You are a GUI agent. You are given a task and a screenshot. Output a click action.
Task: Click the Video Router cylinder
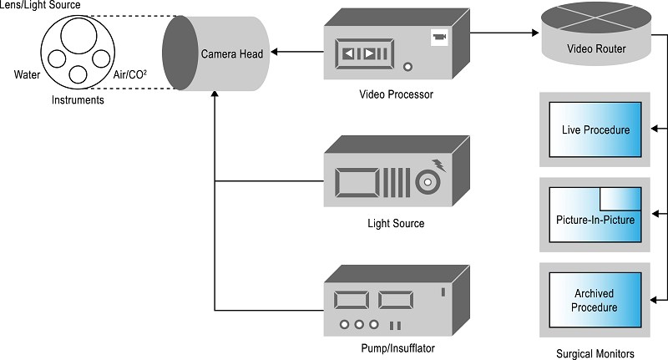596,33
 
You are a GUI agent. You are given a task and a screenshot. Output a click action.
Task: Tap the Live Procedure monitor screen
595,129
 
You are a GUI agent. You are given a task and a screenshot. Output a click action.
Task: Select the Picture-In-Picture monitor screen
595,215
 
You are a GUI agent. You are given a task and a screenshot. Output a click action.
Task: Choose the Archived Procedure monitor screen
595,300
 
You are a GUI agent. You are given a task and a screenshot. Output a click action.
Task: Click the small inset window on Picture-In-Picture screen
620,199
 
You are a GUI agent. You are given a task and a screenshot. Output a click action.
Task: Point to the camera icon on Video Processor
439,37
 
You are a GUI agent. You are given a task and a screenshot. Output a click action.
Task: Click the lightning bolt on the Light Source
439,165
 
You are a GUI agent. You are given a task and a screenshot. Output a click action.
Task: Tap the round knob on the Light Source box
428,182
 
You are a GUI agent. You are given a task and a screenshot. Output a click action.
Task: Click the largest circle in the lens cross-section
78,35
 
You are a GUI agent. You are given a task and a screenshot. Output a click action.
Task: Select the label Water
27,75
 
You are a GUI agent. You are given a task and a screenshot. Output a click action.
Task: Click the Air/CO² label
130,75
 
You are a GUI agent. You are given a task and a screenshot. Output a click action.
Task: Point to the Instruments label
78,100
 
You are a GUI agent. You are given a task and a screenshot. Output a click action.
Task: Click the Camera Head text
232,54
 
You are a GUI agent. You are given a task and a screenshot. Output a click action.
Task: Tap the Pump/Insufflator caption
398,348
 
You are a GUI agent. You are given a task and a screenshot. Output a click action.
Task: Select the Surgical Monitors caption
595,353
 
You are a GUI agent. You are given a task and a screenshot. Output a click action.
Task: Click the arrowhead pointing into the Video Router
536,33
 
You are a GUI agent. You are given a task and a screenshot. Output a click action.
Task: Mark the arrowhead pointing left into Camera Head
275,52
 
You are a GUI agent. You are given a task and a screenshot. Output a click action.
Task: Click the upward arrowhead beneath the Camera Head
215,94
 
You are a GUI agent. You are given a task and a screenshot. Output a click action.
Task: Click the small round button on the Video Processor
407,67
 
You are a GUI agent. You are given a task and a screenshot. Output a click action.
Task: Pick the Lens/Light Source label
40,5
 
